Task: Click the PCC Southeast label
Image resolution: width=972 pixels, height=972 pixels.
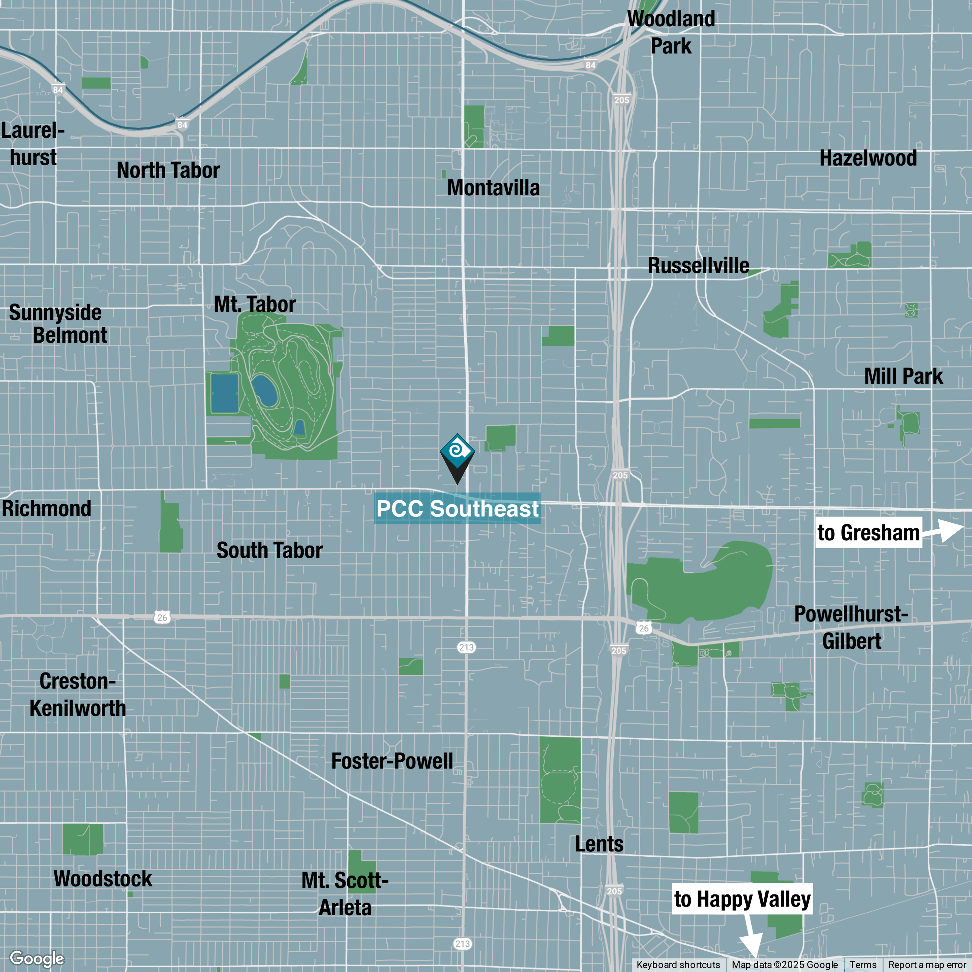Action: (x=457, y=509)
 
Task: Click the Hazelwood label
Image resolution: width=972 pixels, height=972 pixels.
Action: (x=868, y=158)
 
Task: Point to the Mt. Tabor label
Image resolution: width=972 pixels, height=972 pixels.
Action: (x=255, y=304)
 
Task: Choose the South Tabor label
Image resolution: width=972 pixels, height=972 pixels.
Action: (x=269, y=550)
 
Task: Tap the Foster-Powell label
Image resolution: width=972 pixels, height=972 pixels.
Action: (x=392, y=761)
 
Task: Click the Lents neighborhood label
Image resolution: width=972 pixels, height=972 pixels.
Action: (x=599, y=844)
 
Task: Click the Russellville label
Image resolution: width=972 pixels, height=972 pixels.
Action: (x=698, y=266)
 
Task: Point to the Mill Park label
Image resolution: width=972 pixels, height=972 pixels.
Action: (x=903, y=376)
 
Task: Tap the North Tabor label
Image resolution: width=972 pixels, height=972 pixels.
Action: (x=168, y=170)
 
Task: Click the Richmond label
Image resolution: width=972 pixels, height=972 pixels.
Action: (x=46, y=509)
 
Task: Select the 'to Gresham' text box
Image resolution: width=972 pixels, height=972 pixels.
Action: (x=868, y=532)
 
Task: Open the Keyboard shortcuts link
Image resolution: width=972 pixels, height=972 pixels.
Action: (x=678, y=965)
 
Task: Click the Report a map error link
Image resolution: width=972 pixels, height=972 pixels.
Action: (x=927, y=965)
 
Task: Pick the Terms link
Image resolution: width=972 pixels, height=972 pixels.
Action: (x=863, y=965)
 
